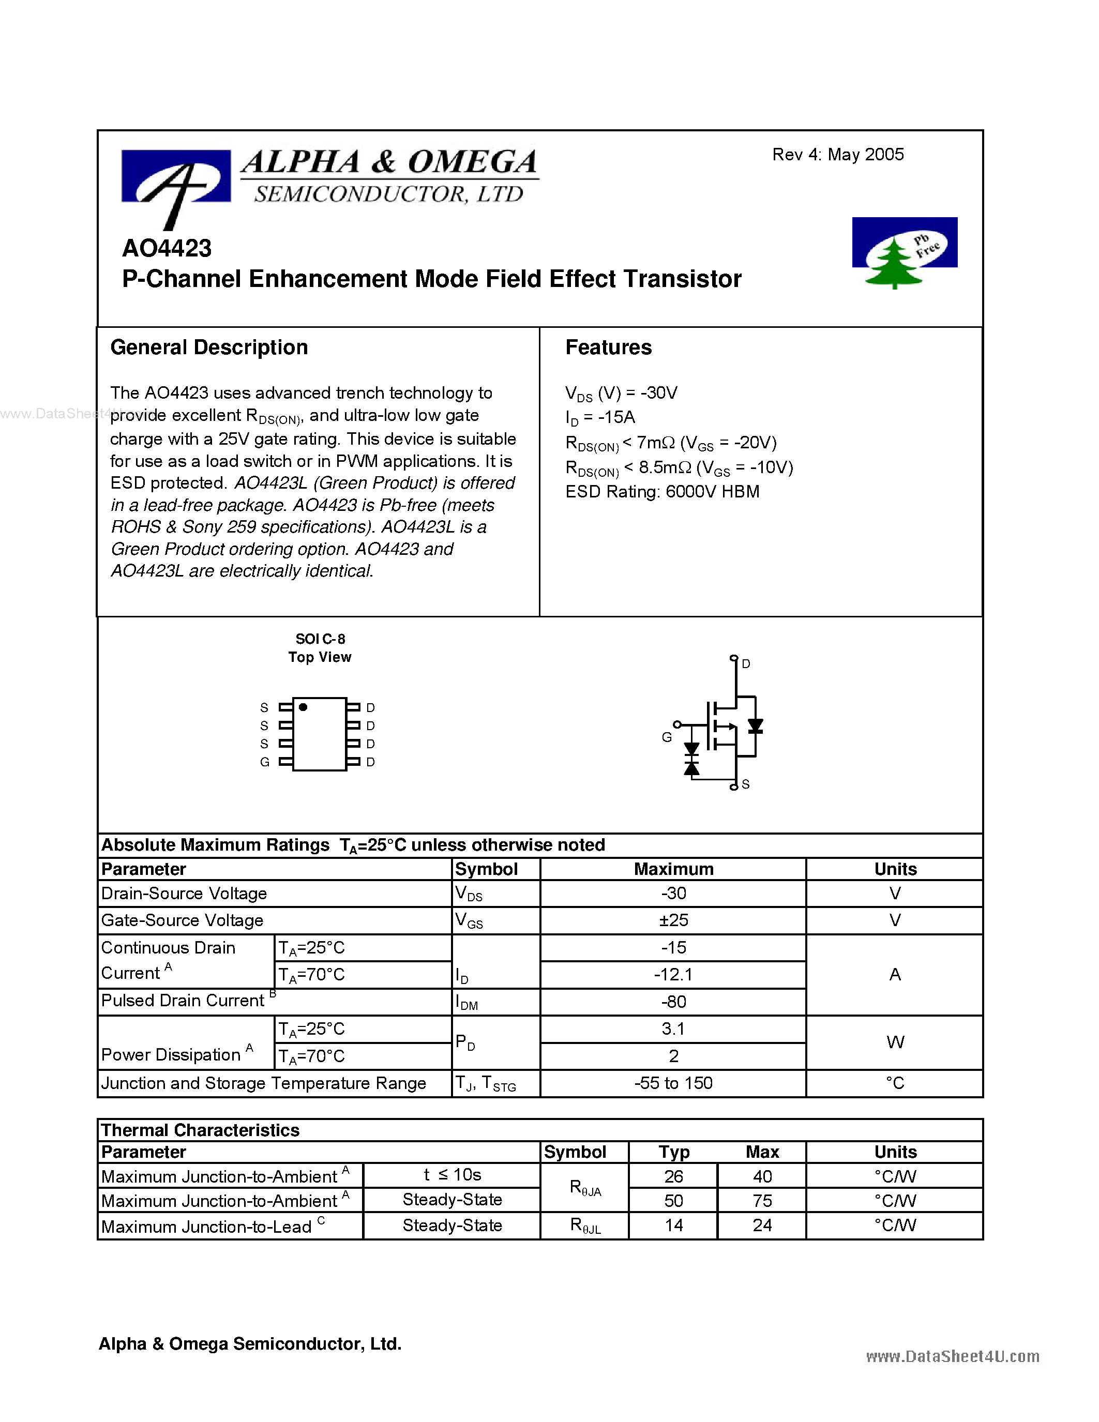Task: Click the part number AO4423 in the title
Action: (x=167, y=248)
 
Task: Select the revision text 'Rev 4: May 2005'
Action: (x=837, y=154)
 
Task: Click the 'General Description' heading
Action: (x=209, y=347)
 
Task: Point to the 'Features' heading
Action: (x=608, y=347)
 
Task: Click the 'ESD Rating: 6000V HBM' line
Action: (x=662, y=492)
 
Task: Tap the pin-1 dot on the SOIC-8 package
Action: (x=303, y=707)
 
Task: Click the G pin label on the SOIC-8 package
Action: (x=264, y=762)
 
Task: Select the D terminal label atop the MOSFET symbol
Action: (x=746, y=663)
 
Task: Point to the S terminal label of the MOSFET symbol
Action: (x=745, y=784)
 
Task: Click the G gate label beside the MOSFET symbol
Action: (x=667, y=737)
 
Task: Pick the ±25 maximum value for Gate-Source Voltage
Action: (x=673, y=920)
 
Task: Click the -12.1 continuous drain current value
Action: (x=673, y=974)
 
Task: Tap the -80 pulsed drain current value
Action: (x=673, y=1002)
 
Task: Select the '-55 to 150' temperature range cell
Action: (x=673, y=1083)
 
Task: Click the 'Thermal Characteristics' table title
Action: (x=200, y=1130)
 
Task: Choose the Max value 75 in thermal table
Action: (x=762, y=1200)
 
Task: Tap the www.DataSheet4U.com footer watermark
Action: (x=952, y=1356)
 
